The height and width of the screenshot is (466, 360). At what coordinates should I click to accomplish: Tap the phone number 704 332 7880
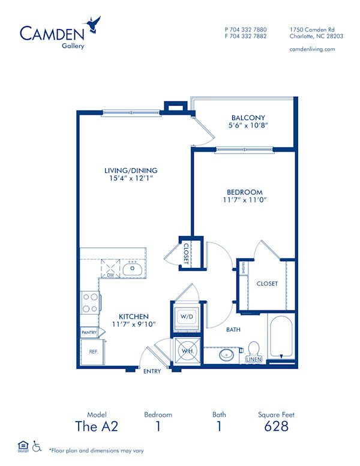(x=249, y=29)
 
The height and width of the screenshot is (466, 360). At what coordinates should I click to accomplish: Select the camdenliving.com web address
(x=313, y=49)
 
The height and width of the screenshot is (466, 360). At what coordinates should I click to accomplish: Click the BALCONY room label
(x=248, y=118)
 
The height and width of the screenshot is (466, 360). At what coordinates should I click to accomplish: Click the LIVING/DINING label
(x=131, y=171)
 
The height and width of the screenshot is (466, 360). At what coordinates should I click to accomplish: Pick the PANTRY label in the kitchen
(x=89, y=331)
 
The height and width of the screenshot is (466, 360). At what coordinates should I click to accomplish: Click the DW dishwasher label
(x=110, y=275)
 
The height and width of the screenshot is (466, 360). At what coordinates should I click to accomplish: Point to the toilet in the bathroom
(x=253, y=351)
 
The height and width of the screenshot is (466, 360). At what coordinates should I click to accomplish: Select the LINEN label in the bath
(x=254, y=360)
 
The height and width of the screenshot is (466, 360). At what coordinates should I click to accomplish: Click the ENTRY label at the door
(x=152, y=371)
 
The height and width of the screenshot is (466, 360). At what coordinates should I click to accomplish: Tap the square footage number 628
(x=277, y=426)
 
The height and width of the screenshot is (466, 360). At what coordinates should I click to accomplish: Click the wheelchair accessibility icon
(x=37, y=446)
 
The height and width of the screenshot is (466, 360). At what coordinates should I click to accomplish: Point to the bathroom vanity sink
(x=227, y=354)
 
